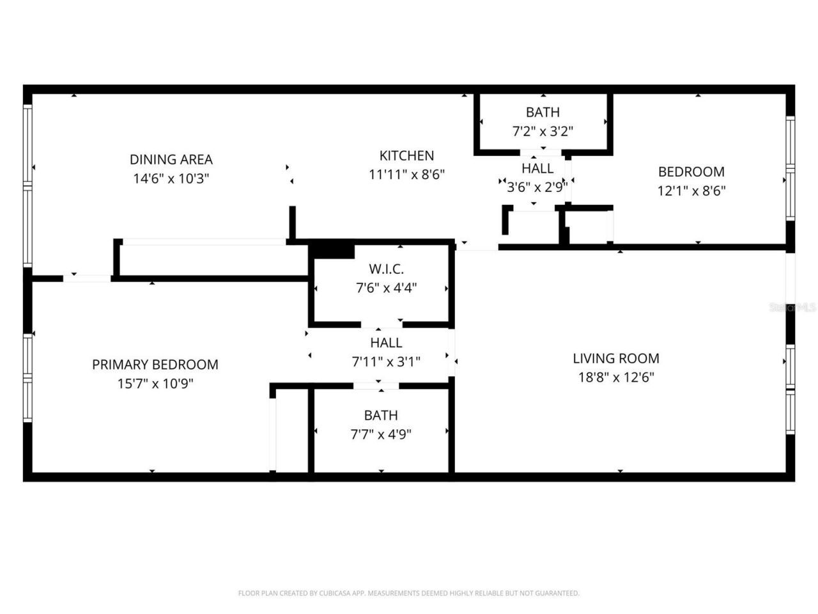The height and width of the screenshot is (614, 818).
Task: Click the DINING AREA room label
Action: pos(171,159)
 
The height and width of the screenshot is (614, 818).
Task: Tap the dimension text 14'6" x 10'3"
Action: pos(171,178)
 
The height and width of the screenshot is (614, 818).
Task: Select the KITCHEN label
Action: pos(406,155)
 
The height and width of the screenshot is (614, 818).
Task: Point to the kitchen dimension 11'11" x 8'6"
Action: pos(406,174)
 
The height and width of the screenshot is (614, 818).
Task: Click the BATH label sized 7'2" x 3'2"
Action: pos(543,112)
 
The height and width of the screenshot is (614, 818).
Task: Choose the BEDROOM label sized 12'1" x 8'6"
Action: pos(691,171)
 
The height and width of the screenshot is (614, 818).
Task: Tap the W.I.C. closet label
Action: pos(386,269)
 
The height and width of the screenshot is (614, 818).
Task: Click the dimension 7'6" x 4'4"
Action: pos(386,288)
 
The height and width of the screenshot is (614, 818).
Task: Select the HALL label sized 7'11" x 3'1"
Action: pos(386,343)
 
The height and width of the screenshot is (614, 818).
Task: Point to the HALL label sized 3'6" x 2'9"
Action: pos(537,168)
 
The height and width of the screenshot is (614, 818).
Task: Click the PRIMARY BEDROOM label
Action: pos(155,365)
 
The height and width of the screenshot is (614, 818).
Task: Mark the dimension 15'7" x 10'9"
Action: pos(155,384)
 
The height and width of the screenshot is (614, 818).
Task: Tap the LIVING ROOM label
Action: pos(615,358)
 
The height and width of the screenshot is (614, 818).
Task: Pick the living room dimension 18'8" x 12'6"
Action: pos(615,377)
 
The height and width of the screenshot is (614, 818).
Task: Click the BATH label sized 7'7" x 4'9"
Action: pos(381,415)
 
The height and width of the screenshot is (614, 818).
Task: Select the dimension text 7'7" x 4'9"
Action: pos(381,434)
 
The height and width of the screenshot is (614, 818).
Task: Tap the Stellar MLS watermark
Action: pos(792,308)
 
